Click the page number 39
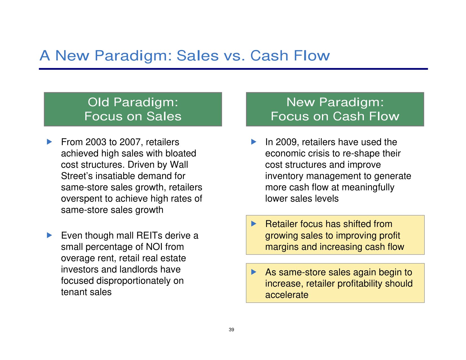[x=231, y=330]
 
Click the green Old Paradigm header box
[x=133, y=109]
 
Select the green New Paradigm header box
[x=335, y=109]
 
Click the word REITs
[x=149, y=235]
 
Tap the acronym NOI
[x=154, y=247]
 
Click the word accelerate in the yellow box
[x=287, y=295]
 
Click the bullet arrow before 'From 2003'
[x=49, y=142]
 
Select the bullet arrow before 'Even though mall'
[x=49, y=235]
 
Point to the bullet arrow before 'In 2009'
[x=254, y=142]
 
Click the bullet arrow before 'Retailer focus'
[x=254, y=224]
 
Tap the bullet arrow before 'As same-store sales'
[x=254, y=272]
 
